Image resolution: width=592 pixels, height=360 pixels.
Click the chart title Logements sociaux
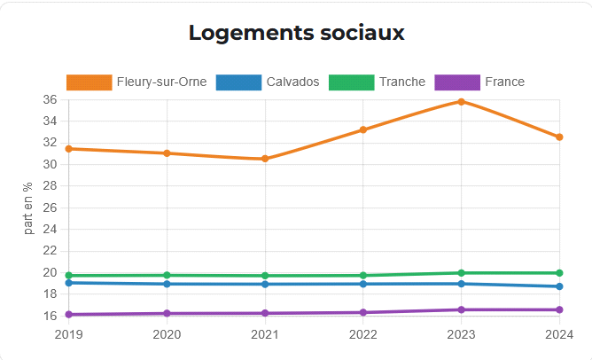[296, 34]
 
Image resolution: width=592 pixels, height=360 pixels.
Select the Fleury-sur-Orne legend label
[161, 82]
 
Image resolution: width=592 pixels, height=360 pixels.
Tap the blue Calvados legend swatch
[239, 82]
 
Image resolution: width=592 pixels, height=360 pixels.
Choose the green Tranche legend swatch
[351, 82]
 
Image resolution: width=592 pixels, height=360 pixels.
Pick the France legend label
[504, 82]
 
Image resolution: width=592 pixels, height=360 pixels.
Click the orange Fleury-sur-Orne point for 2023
[462, 102]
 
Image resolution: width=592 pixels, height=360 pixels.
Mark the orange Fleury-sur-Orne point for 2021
[265, 159]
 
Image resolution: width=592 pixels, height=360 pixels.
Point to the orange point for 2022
[363, 130]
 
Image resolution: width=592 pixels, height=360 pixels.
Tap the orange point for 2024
[559, 137]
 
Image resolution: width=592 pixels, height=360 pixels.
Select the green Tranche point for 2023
[462, 273]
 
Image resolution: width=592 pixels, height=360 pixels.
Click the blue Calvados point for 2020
[167, 284]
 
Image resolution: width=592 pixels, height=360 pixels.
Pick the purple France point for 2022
[363, 312]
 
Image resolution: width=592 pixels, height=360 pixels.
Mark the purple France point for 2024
[559, 309]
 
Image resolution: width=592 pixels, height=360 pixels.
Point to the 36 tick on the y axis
[50, 100]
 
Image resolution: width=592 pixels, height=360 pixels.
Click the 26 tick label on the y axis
[50, 207]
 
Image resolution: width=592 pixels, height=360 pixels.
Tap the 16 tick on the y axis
[50, 316]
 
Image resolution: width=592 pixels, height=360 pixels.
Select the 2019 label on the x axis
[68, 334]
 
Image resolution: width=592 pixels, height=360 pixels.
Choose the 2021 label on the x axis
[265, 334]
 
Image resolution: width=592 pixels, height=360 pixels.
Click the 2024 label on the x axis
[557, 334]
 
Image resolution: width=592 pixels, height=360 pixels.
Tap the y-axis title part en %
[29, 207]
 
